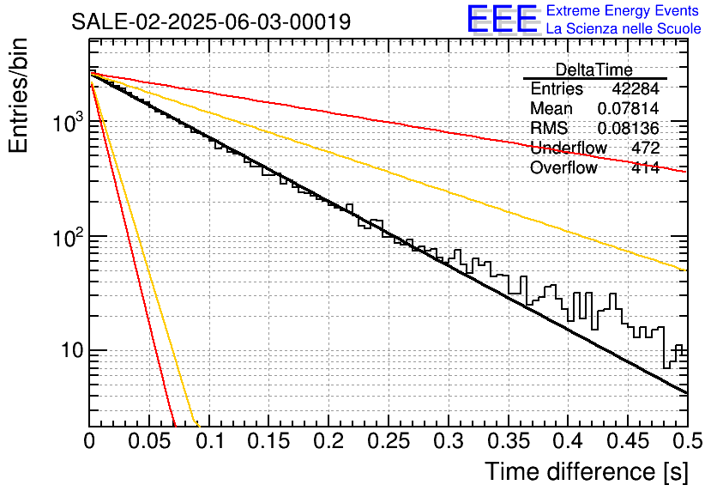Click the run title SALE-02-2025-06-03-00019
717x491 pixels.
[211, 21]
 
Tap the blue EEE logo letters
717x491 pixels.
[502, 19]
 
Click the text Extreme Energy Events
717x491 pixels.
[623, 10]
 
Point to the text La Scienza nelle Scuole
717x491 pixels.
[624, 28]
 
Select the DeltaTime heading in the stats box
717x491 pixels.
[593, 70]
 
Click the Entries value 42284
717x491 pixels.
[636, 88]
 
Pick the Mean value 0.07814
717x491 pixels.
[628, 108]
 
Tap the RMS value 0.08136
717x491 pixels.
[628, 128]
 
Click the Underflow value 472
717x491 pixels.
[645, 148]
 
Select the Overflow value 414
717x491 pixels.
[645, 167]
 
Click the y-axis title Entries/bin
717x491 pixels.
[18, 95]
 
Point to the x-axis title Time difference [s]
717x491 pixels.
[587, 471]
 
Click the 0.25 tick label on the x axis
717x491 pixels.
[389, 441]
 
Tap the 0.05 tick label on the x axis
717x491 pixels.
[149, 441]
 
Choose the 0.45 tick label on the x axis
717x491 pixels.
[628, 441]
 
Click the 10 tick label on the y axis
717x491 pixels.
[72, 350]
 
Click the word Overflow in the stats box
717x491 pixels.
[563, 167]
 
